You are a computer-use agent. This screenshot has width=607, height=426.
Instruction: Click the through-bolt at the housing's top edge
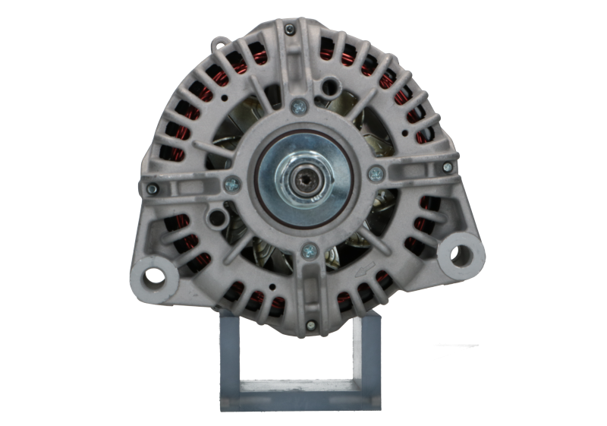291,30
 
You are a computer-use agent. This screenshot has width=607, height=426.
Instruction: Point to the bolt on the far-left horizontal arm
153,188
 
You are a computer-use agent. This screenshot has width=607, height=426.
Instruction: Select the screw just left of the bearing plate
232,183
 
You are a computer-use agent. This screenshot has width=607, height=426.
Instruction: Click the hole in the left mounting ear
155,272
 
